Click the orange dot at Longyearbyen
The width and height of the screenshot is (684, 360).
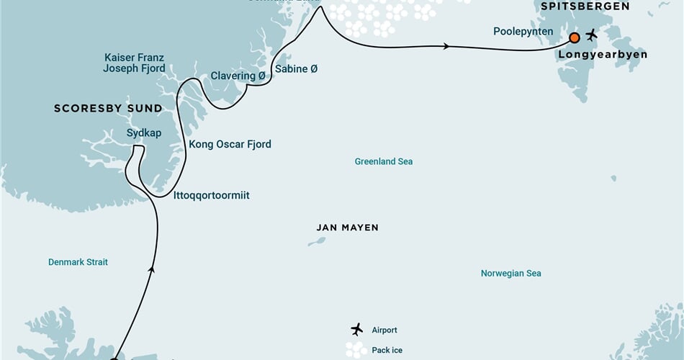pyautogui.click(x=575, y=37)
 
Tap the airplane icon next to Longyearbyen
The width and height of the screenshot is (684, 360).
pyautogui.click(x=592, y=35)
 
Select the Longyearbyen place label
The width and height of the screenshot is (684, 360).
pyautogui.click(x=601, y=54)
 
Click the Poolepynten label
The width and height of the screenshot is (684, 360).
pyautogui.click(x=523, y=32)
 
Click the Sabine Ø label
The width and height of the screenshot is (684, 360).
pyautogui.click(x=296, y=69)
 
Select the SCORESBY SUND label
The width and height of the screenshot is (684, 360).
pyautogui.click(x=108, y=109)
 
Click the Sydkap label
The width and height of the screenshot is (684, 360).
pyautogui.click(x=144, y=133)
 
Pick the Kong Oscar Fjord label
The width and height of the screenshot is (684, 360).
pyautogui.click(x=230, y=144)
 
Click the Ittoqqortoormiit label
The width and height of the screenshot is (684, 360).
pyautogui.click(x=212, y=195)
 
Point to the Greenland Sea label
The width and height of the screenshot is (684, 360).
pyautogui.click(x=384, y=161)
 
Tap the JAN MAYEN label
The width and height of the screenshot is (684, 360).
pyautogui.click(x=347, y=228)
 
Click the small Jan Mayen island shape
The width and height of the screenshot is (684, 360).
pyautogui.click(x=316, y=242)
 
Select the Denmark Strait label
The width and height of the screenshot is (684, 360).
pyautogui.click(x=78, y=262)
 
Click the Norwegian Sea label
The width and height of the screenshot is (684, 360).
pyautogui.click(x=511, y=273)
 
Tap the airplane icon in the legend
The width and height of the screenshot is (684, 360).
pyautogui.click(x=356, y=330)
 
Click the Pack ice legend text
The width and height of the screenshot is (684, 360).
pyautogui.click(x=387, y=351)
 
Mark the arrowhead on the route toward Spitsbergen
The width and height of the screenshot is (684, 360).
pyautogui.click(x=447, y=47)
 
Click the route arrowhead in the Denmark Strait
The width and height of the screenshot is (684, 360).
pyautogui.click(x=151, y=270)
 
